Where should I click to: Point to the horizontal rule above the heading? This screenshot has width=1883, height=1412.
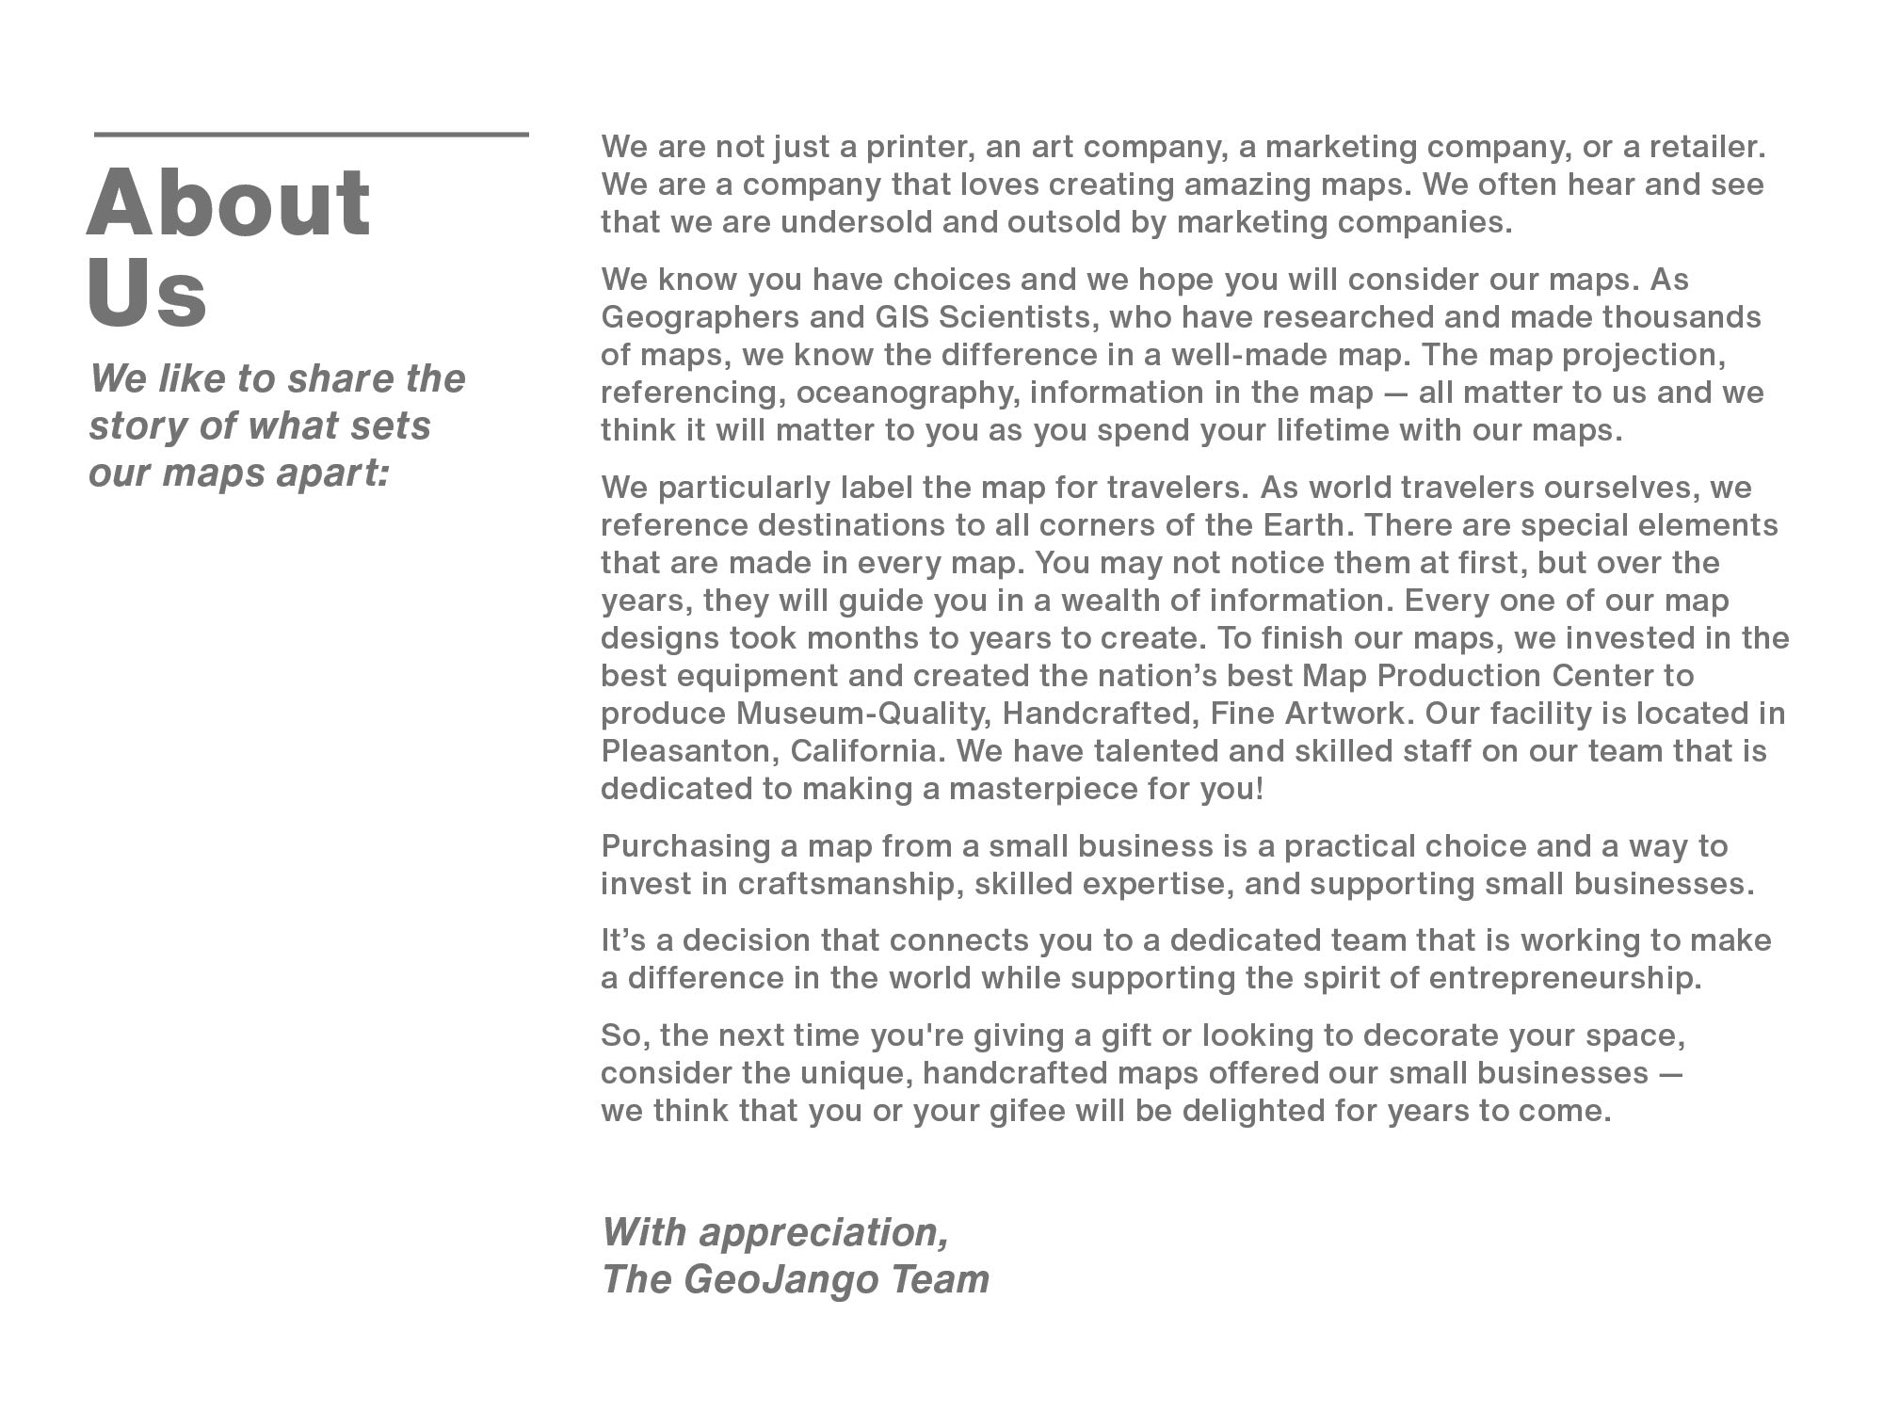[x=311, y=135]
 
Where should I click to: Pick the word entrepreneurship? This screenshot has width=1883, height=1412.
[x=1565, y=979]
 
